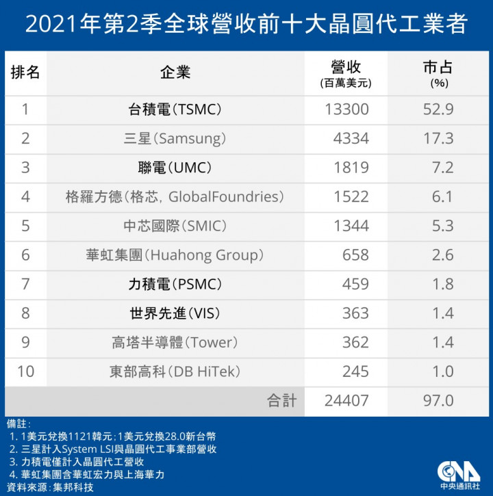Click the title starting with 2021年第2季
246,25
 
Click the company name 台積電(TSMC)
175,109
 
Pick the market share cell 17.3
438,139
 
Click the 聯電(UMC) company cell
175,168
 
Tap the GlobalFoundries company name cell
175,197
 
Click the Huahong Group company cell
175,255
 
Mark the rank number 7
25,284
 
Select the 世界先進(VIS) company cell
175,313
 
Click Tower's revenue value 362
355,342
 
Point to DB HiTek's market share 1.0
438,371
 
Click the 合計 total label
281,401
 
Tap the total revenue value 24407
346,401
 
